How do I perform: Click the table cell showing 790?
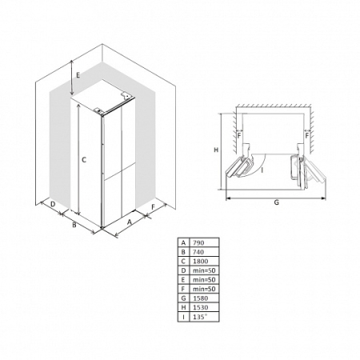(204, 242)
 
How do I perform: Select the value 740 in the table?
(204, 252)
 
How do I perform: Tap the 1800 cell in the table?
(204, 261)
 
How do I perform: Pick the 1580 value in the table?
(204, 298)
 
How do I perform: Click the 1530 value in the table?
(204, 307)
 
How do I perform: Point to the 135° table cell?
(204, 317)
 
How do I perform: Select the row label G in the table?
(183, 298)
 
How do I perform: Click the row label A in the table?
(183, 242)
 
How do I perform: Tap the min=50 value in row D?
(204, 270)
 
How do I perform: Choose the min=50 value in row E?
(204, 279)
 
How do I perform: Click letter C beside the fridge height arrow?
(84, 160)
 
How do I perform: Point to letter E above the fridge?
(78, 75)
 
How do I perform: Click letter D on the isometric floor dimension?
(53, 204)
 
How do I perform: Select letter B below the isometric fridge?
(74, 225)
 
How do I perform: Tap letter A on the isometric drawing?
(130, 222)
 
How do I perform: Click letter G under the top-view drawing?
(277, 202)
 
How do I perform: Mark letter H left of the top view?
(216, 150)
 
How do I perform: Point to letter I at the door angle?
(262, 170)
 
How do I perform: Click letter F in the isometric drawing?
(153, 207)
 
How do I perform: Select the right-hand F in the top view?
(307, 136)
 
